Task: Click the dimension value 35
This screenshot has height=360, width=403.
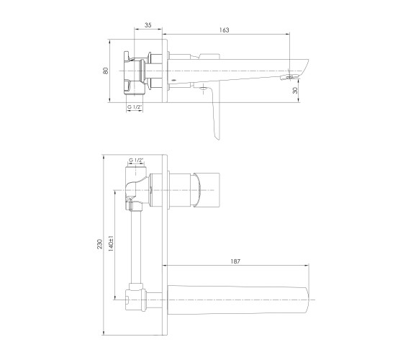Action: click(148, 25)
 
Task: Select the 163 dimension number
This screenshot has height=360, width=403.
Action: click(224, 30)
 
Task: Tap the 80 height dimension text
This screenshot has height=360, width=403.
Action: click(106, 71)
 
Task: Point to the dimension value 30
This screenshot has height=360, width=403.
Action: click(295, 90)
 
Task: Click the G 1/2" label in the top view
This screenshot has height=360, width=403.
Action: click(135, 107)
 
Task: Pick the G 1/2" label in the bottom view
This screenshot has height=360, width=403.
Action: click(136, 160)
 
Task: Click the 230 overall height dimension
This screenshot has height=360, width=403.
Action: click(100, 244)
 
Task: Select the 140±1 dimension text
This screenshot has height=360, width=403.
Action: click(111, 243)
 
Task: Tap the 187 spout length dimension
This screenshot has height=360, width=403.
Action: click(235, 261)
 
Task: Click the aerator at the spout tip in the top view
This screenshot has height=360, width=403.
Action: click(289, 77)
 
